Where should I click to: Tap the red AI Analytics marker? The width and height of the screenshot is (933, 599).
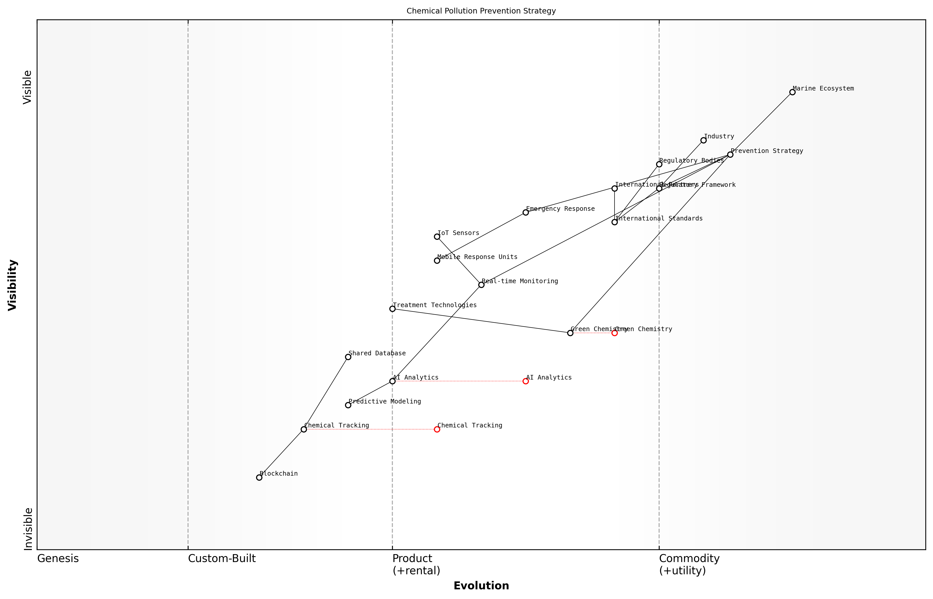[526, 381]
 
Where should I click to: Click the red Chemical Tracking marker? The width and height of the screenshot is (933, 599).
[437, 429]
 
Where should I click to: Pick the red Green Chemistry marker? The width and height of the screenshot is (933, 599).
[615, 333]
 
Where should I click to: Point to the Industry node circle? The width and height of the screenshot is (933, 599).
[703, 140]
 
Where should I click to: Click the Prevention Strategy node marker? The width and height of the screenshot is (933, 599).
[730, 155]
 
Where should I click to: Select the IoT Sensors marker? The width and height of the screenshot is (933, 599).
[437, 237]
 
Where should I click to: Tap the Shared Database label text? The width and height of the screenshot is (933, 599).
[377, 353]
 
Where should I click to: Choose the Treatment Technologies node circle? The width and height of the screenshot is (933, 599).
[392, 309]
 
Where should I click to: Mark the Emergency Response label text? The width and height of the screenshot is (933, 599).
[560, 209]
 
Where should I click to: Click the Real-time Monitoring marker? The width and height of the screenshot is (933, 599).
[481, 285]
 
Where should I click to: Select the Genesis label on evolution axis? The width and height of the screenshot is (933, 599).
[58, 558]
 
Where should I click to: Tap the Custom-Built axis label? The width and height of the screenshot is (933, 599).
[222, 558]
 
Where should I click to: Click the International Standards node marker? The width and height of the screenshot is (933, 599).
[615, 222]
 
